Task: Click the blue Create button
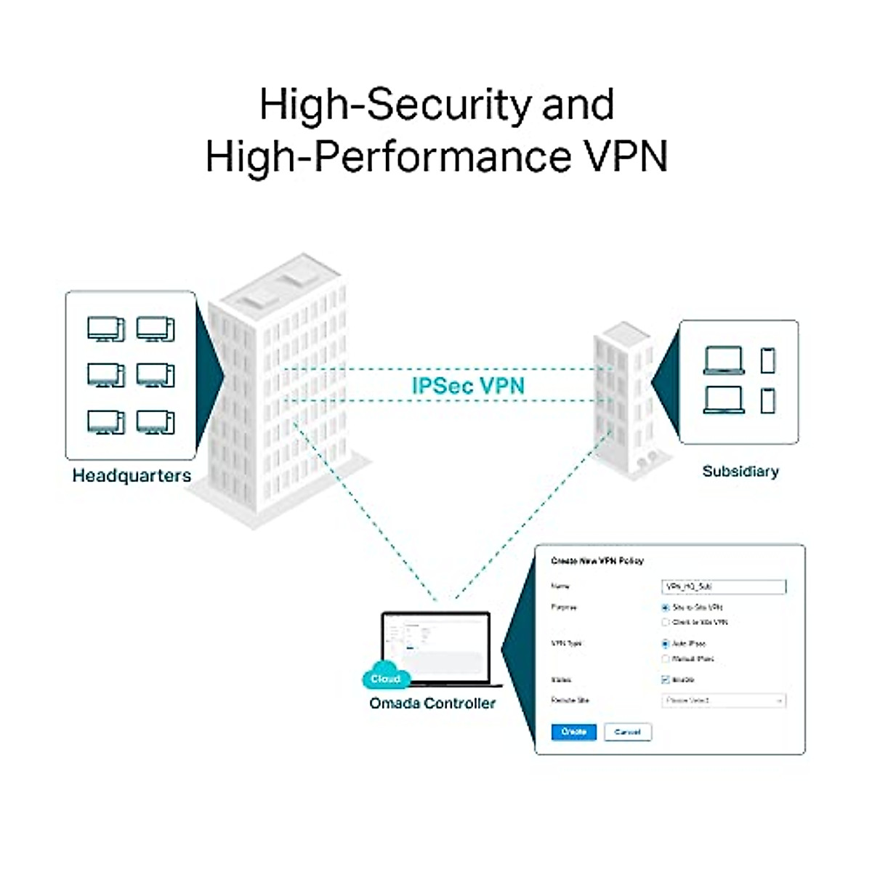click(x=573, y=732)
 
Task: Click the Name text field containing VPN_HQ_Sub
click(x=724, y=586)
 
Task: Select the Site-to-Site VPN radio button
click(x=665, y=607)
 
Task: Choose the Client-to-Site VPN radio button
click(x=665, y=622)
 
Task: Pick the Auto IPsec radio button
click(x=665, y=643)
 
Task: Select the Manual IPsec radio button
click(x=665, y=658)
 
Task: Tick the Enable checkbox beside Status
click(x=665, y=679)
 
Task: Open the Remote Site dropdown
click(x=724, y=701)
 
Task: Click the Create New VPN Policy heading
click(x=597, y=561)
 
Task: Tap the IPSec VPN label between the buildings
click(x=468, y=385)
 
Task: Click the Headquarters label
click(x=132, y=476)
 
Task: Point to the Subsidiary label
click(x=740, y=471)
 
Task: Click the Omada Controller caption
click(x=432, y=703)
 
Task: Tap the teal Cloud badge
click(x=385, y=678)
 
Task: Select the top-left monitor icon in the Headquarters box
click(x=105, y=329)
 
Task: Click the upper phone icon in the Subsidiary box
click(x=767, y=360)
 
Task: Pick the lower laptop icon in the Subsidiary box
click(x=724, y=400)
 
